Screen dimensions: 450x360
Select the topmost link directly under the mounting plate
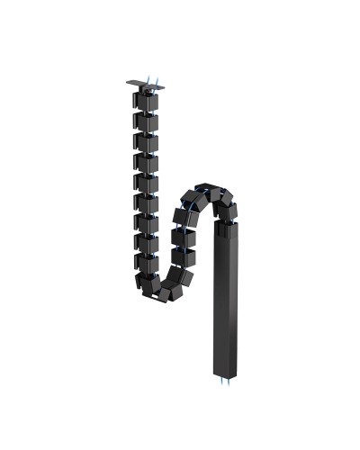pos(146,100)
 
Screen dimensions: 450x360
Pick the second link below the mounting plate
pos(146,121)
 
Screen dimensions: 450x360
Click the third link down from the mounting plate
pos(146,141)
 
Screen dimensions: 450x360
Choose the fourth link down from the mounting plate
pos(146,162)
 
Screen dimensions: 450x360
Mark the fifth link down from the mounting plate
pos(146,183)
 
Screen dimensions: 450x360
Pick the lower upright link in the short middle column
pos(184,258)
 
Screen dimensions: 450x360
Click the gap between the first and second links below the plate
pos(146,111)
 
